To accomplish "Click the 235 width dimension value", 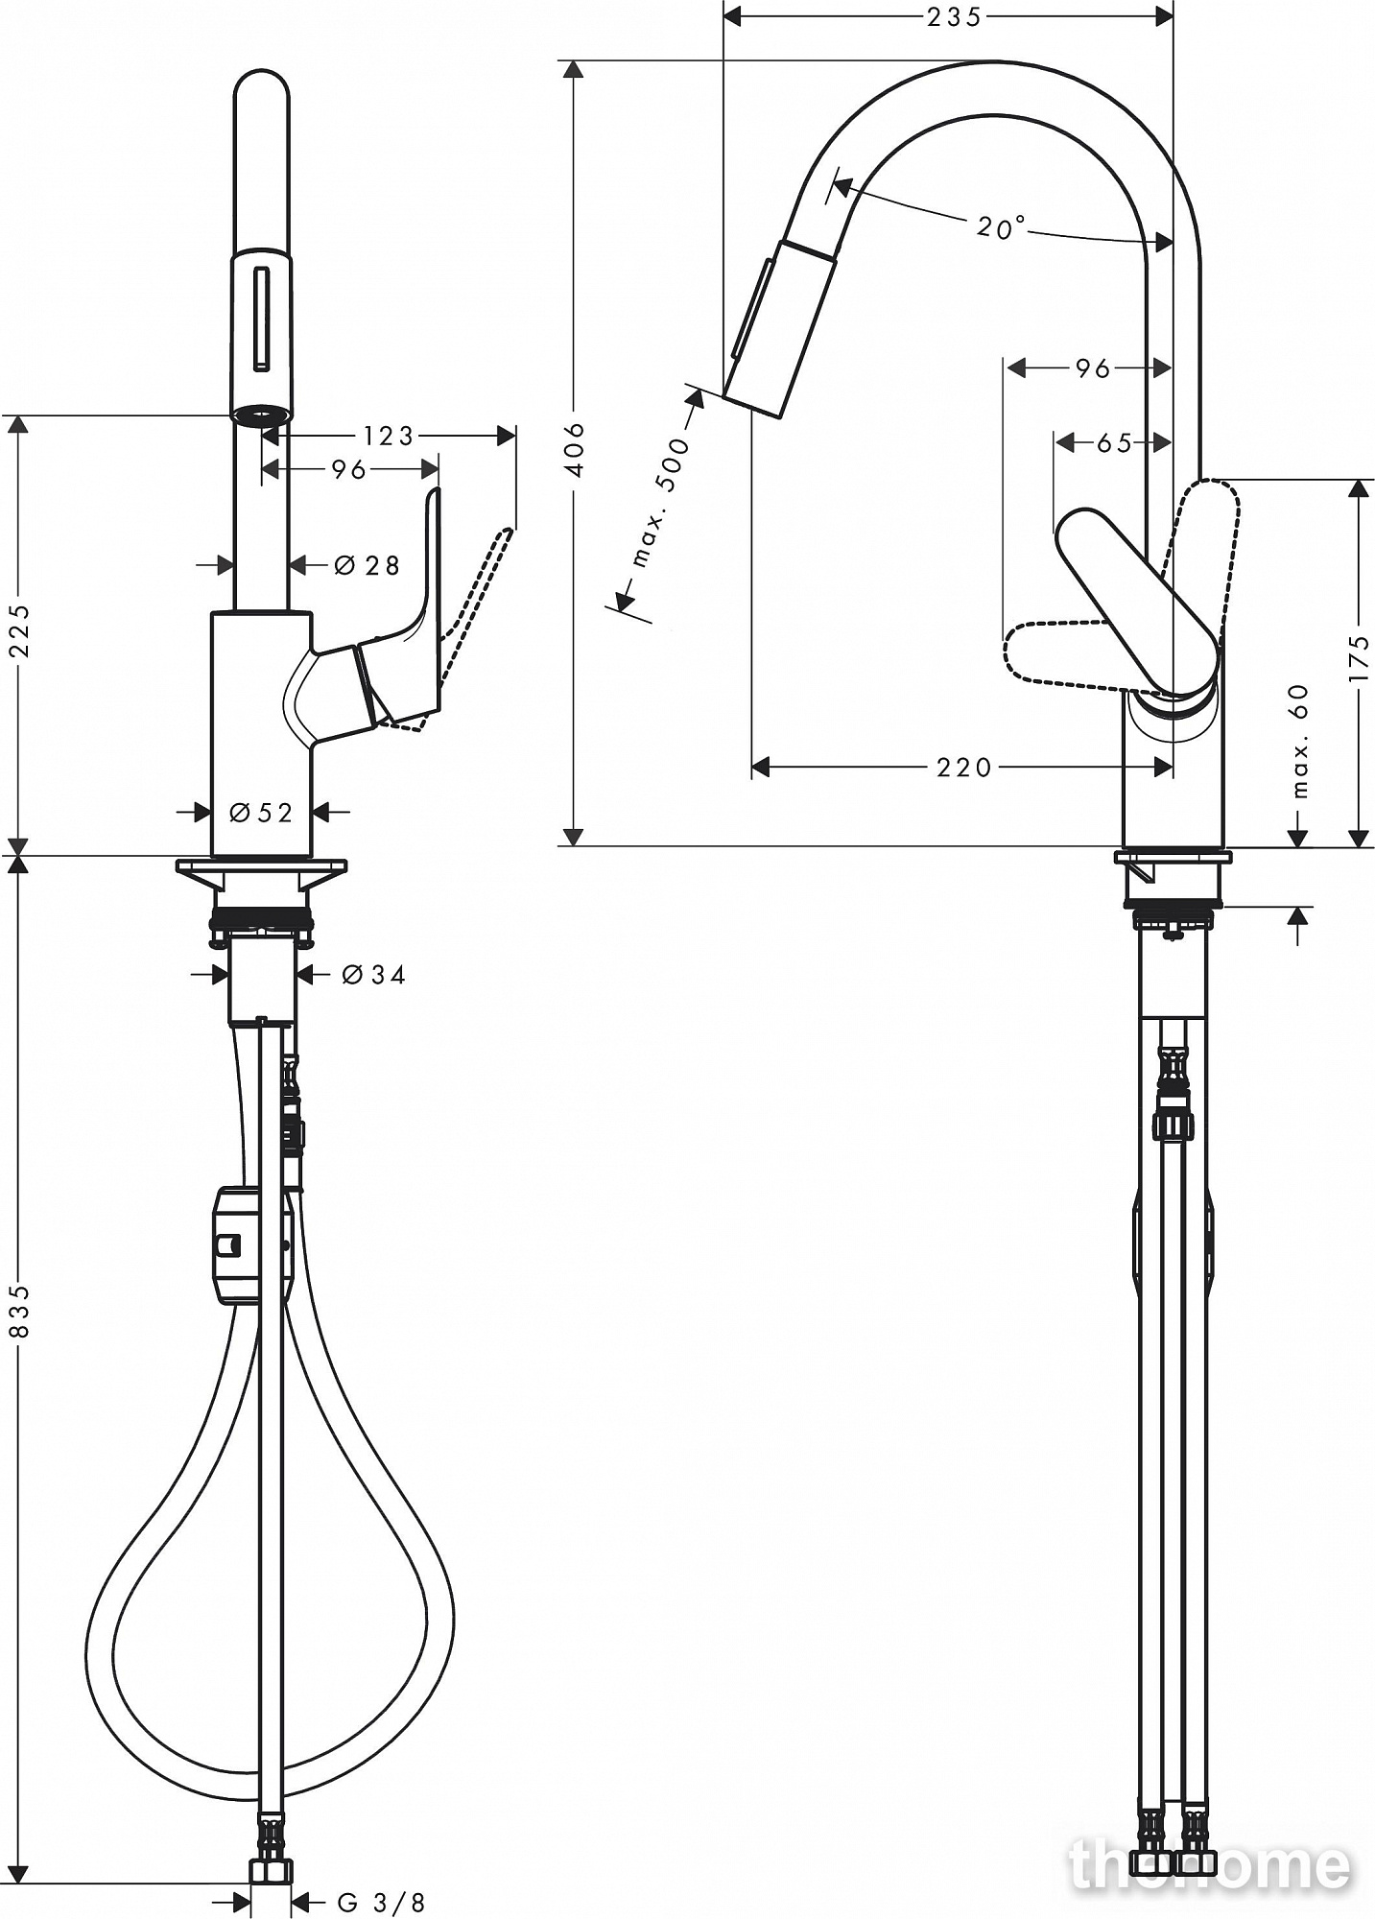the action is coord(954,16).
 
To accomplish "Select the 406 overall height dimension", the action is coord(574,449).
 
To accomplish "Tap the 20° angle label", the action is coord(1001,227).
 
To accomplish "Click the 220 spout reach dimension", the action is coord(964,767).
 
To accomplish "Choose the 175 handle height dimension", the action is coord(1359,657).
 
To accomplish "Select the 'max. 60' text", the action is coord(1299,741).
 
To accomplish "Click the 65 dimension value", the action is coord(1113,442).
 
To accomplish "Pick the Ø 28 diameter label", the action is coord(367,565).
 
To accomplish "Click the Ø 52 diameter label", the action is coord(261,813).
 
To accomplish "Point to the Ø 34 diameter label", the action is coord(374,975).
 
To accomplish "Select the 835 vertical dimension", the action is coord(20,1312).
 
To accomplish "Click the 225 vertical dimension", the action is coord(20,629).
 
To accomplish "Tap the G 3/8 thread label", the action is coord(381,1902).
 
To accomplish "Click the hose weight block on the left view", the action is coord(238,1244).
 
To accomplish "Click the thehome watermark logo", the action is coord(1209,1863).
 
